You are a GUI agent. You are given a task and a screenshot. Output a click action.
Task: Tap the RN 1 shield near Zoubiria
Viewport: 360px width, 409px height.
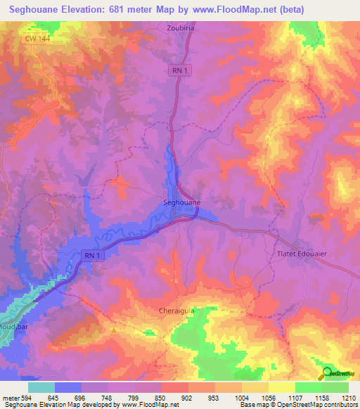(180, 70)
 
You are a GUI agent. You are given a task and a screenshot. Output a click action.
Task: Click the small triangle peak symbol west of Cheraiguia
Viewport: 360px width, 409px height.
(113, 328)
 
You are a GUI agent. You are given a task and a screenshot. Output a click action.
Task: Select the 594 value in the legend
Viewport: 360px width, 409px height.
(26, 398)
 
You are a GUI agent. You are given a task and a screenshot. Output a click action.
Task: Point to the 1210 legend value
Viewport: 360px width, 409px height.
(347, 398)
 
